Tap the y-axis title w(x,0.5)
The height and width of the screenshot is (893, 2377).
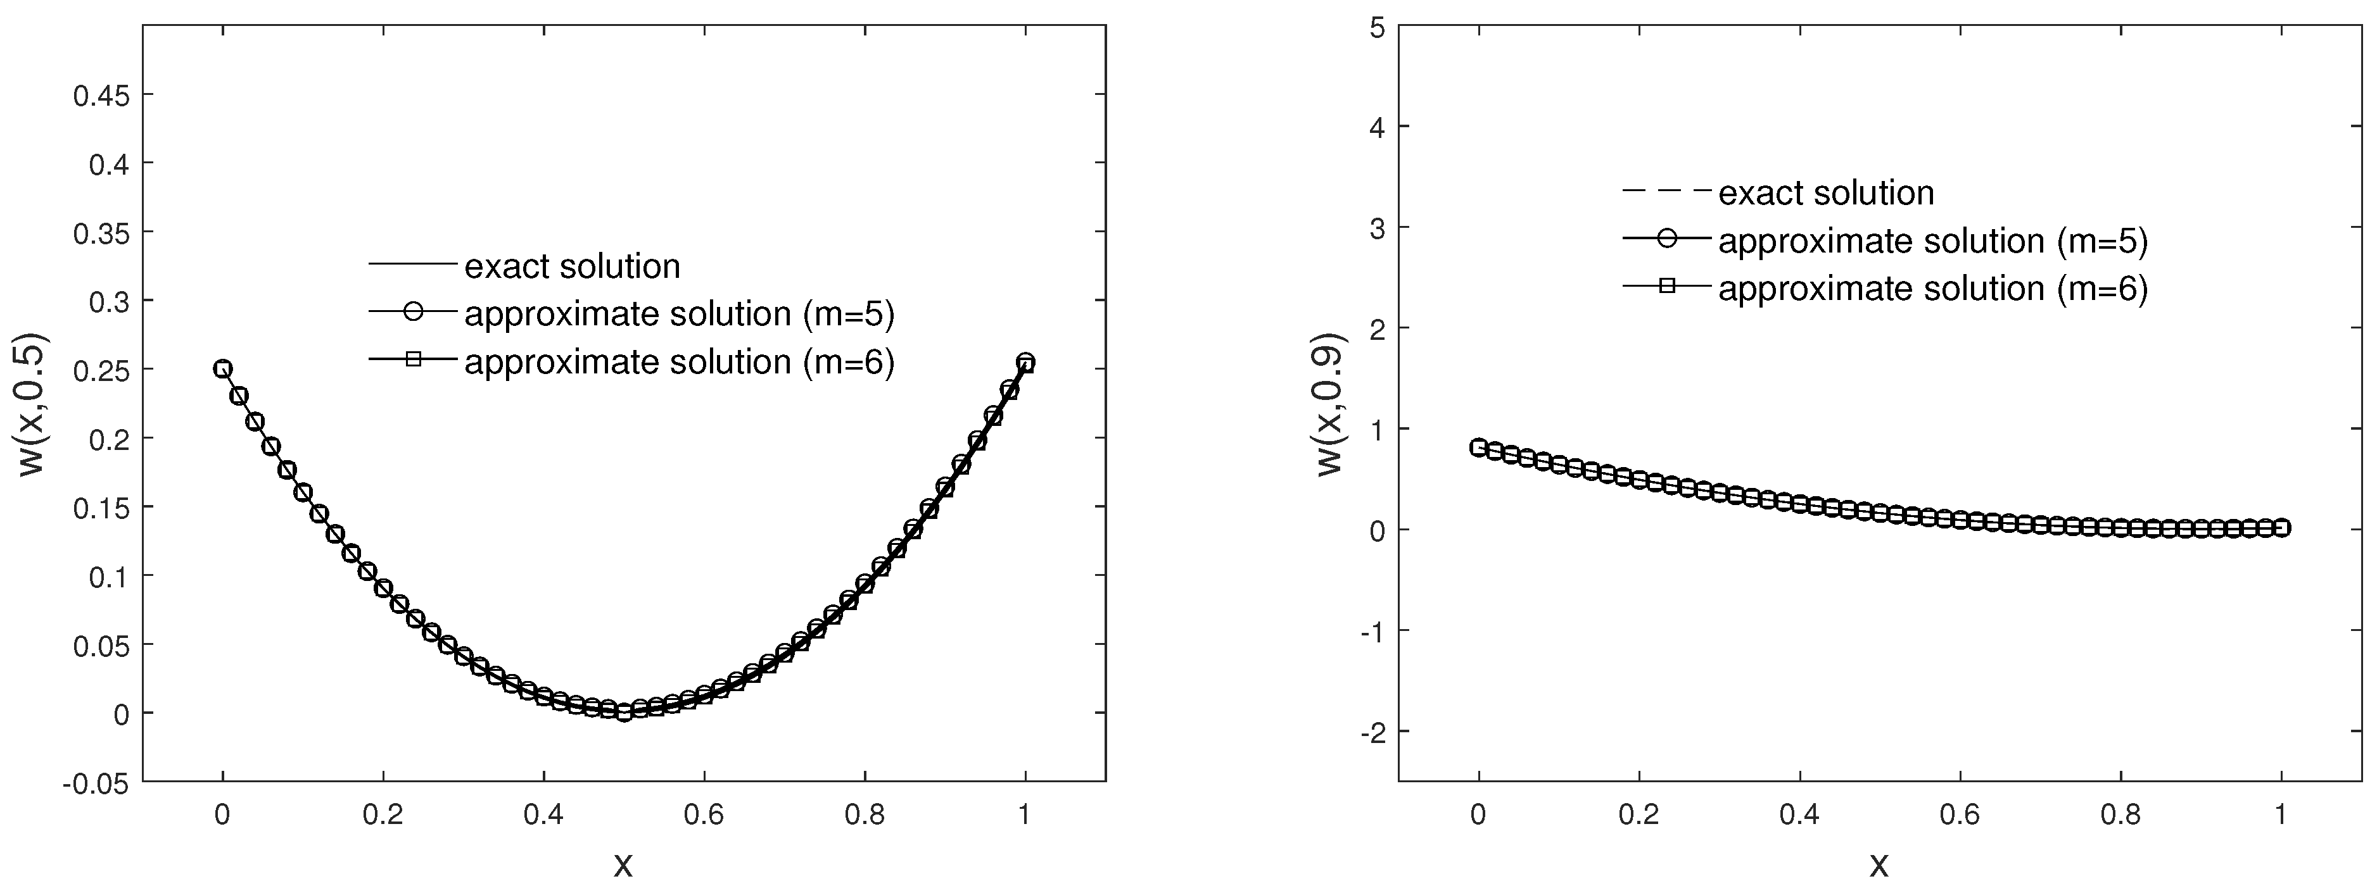tap(34, 403)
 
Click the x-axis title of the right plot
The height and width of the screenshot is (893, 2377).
tap(1879, 865)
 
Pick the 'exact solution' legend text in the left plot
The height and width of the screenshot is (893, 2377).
tap(572, 266)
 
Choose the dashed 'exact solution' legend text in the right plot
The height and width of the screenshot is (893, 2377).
tap(1826, 193)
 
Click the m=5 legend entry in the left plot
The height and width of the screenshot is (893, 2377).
tap(678, 315)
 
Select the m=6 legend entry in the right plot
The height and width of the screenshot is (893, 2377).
tap(1932, 289)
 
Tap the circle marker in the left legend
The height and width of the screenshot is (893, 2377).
tap(412, 312)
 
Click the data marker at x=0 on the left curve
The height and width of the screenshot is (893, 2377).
tap(222, 369)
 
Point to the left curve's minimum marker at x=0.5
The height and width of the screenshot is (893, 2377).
tap(624, 712)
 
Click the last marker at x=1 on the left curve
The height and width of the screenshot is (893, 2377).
tap(1025, 363)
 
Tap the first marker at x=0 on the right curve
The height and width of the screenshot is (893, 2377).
tap(1478, 447)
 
